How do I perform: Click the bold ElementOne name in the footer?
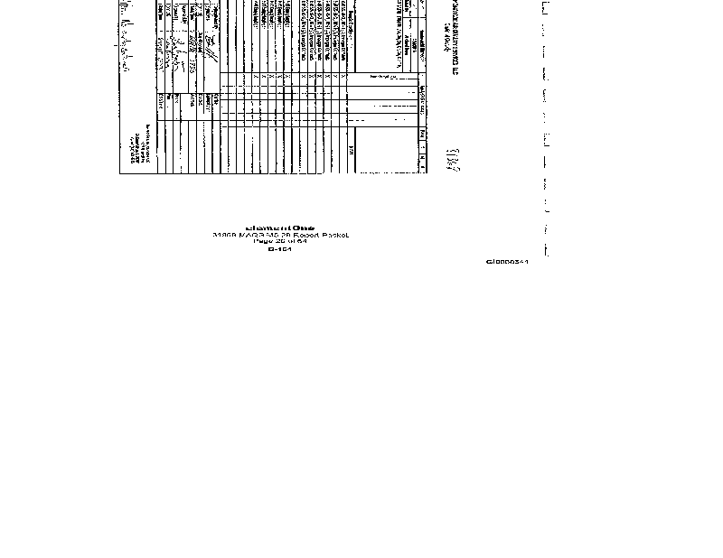(x=279, y=228)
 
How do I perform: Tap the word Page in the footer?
(x=261, y=242)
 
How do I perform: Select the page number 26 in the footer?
(x=276, y=242)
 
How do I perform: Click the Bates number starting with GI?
(x=506, y=262)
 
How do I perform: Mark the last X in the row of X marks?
(x=346, y=77)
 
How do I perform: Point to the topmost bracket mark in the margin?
(x=544, y=7)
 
